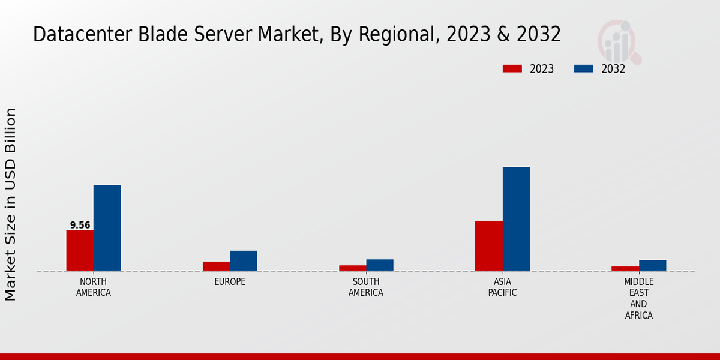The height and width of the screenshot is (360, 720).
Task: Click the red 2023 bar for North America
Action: (80, 250)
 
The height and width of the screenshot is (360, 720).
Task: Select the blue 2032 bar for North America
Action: (107, 228)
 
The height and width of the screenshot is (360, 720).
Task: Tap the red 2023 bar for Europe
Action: (216, 266)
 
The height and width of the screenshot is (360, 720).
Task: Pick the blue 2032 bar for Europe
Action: (243, 260)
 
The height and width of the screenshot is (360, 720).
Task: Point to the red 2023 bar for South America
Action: (352, 268)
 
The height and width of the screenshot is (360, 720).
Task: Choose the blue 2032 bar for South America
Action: (380, 265)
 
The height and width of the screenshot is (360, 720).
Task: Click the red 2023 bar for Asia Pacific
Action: (488, 246)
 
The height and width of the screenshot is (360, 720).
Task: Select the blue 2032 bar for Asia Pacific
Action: (516, 219)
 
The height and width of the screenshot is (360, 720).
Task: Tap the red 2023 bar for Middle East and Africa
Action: (625, 268)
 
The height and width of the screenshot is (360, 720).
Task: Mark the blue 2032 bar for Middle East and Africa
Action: (652, 265)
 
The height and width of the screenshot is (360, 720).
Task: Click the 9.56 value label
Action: (80, 226)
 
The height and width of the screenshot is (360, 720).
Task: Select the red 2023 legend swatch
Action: (512, 68)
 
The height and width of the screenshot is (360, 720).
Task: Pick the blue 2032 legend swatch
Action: (583, 68)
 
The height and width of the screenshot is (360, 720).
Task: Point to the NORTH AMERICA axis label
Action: (93, 287)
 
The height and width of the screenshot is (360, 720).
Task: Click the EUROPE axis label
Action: (230, 282)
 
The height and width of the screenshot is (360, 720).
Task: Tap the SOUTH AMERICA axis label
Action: (366, 287)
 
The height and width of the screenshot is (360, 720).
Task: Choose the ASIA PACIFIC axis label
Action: (502, 287)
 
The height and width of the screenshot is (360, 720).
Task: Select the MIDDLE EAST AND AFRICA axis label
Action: (638, 298)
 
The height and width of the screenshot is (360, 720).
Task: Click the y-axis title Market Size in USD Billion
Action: (11, 204)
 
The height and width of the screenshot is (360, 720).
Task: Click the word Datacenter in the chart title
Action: (69, 35)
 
